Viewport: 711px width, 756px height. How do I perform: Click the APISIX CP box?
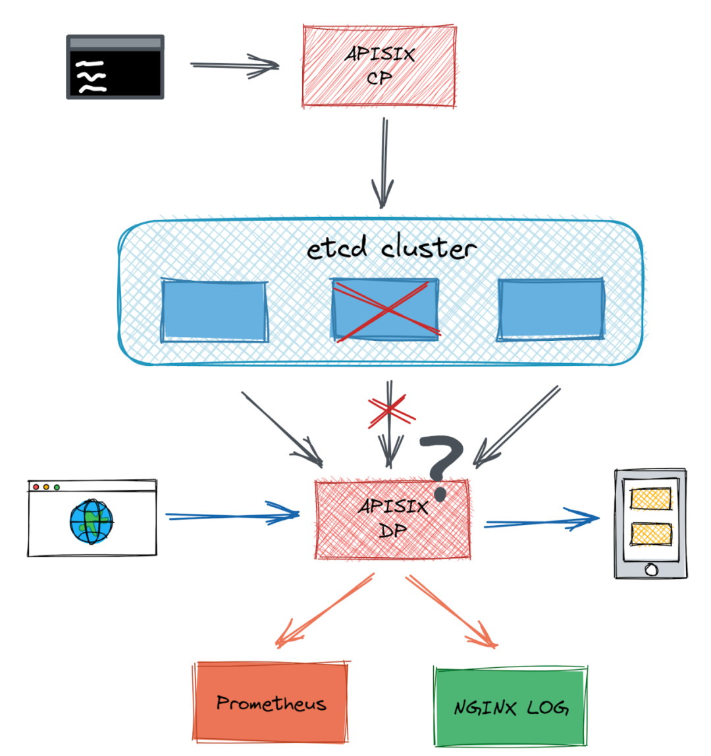point(379,66)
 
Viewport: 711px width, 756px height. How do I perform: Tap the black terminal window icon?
point(115,67)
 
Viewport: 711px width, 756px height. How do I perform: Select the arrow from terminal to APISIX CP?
point(234,66)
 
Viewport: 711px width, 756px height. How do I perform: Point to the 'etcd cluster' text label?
point(391,248)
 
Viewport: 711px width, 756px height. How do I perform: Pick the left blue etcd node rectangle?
point(215,311)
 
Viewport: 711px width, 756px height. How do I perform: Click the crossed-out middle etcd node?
point(385,310)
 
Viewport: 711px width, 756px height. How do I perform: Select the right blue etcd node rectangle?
point(550,309)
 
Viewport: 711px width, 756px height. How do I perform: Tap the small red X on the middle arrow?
point(390,411)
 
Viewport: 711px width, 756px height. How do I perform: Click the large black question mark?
point(442,464)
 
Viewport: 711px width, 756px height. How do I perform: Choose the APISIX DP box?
point(392,520)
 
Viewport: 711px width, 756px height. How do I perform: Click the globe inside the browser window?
point(92,522)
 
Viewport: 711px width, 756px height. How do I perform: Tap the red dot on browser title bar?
point(36,487)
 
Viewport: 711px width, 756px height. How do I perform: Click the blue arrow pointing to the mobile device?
point(541,521)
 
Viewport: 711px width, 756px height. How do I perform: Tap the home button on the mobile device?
point(651,569)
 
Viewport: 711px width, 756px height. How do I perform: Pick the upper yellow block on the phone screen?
point(650,498)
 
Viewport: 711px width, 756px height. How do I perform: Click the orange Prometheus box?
point(271,703)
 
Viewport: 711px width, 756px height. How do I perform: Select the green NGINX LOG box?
point(510,707)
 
